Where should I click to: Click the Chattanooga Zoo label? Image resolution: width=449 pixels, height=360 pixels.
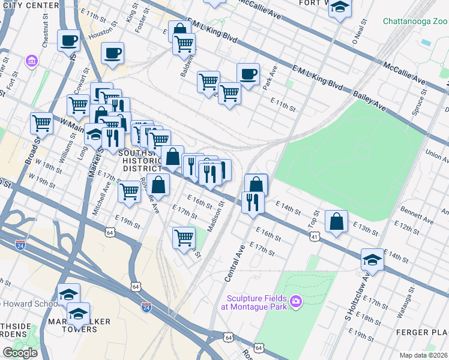tap(414, 22)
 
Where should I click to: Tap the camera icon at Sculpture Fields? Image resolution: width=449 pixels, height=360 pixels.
tap(295, 301)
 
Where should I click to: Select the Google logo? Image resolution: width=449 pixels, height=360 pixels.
tap(20, 352)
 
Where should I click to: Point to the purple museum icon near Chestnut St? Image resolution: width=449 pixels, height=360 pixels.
tap(31, 61)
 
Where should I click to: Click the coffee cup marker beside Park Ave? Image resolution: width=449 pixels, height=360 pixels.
tap(248, 74)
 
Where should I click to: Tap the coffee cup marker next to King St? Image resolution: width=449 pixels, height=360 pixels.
tap(113, 53)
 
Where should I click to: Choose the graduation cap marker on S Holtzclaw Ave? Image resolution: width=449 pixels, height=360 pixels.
tap(372, 260)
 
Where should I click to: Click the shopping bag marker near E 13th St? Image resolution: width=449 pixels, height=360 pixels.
tap(337, 221)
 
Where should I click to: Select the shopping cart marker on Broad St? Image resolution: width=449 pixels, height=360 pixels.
tap(41, 123)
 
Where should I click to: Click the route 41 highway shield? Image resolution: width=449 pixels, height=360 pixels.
tap(315, 237)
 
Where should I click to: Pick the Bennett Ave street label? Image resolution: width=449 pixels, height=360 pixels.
tap(418, 215)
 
